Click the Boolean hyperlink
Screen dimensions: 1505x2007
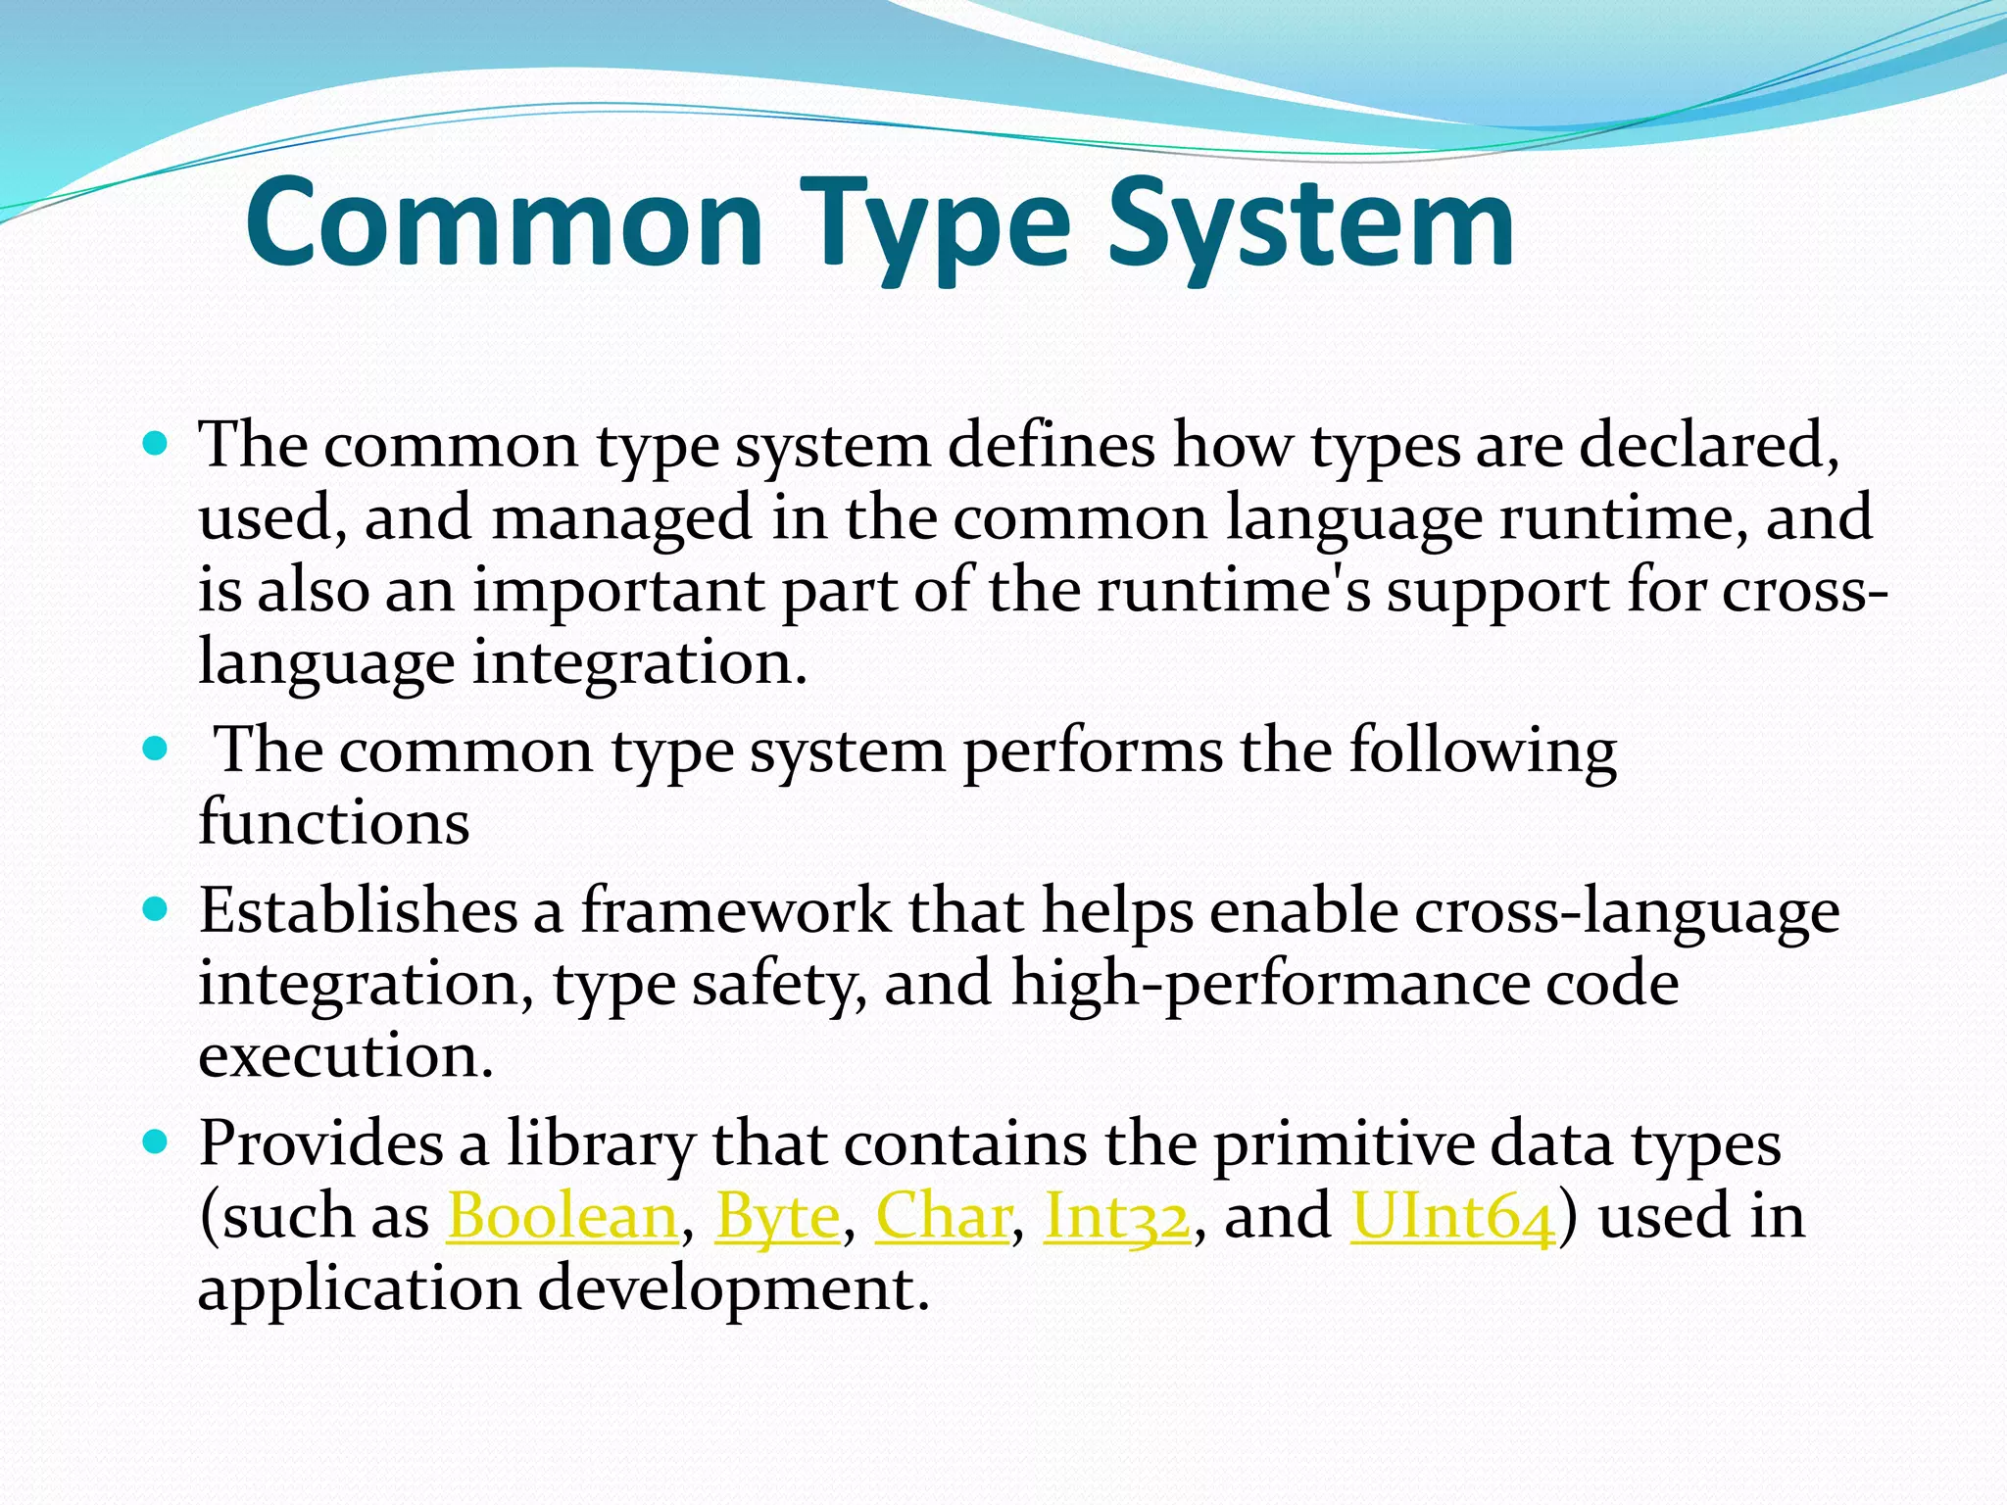[x=562, y=1217]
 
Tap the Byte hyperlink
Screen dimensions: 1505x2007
[x=777, y=1217]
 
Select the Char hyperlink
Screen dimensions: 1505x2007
[x=942, y=1217]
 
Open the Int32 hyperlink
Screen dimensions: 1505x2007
[x=1117, y=1217]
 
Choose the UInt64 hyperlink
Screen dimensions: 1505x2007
[x=1452, y=1217]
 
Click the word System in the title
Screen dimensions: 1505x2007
[x=1311, y=223]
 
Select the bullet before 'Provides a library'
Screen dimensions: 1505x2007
[x=155, y=1142]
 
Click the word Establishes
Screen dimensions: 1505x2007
[x=358, y=910]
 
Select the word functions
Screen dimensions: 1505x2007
[x=334, y=821]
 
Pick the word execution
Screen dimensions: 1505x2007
[x=345, y=1056]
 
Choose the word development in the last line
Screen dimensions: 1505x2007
[x=732, y=1287]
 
